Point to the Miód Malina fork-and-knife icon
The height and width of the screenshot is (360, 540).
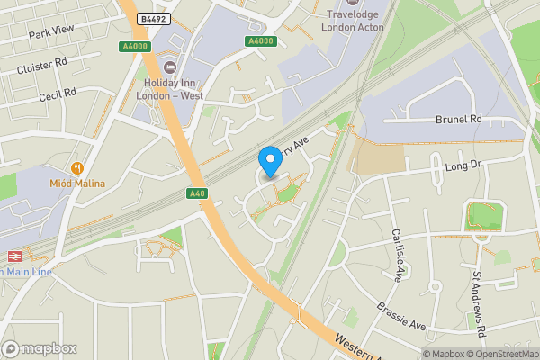[77, 167]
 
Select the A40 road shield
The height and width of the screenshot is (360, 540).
[198, 193]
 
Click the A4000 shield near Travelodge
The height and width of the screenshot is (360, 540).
[260, 40]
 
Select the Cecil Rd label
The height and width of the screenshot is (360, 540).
[58, 95]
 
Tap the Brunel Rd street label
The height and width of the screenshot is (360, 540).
[459, 119]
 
